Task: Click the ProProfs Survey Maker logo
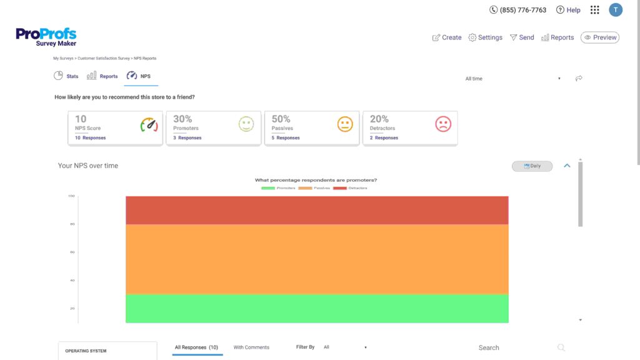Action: pos(46,37)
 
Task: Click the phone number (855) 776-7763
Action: pos(518,10)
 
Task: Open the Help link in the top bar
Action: pos(568,10)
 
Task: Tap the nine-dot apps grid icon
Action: pos(594,10)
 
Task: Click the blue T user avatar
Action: pos(616,9)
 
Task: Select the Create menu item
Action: pos(447,37)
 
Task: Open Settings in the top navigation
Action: pos(485,37)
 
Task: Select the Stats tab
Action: pos(66,76)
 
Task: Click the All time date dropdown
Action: pos(512,79)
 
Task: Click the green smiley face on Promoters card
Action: pos(247,124)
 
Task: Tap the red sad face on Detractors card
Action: pos(443,124)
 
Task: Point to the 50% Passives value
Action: pos(281,119)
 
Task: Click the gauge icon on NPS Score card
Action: pos(149,125)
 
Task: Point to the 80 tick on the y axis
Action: pos(72,224)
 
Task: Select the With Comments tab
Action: pos(251,347)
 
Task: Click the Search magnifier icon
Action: pos(561,347)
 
